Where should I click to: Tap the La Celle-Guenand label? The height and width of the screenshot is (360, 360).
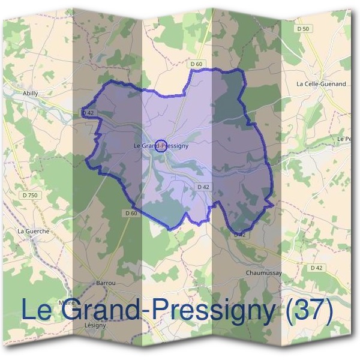pyautogui.click(x=321, y=84)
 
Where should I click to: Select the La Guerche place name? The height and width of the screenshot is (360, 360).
pyautogui.click(x=33, y=230)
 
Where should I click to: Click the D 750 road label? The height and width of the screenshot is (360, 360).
pyautogui.click(x=29, y=195)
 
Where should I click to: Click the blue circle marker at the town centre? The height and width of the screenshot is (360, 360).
pyautogui.click(x=160, y=145)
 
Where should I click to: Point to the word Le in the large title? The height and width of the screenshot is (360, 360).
pyautogui.click(x=39, y=310)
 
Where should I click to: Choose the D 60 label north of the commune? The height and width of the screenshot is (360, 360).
pyautogui.click(x=196, y=64)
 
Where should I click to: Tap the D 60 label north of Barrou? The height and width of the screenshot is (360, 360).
pyautogui.click(x=132, y=213)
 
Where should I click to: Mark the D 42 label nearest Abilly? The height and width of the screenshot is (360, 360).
pyautogui.click(x=88, y=112)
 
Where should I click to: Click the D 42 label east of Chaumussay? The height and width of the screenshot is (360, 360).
pyautogui.click(x=316, y=268)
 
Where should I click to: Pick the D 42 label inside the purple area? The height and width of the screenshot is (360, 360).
pyautogui.click(x=203, y=187)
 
